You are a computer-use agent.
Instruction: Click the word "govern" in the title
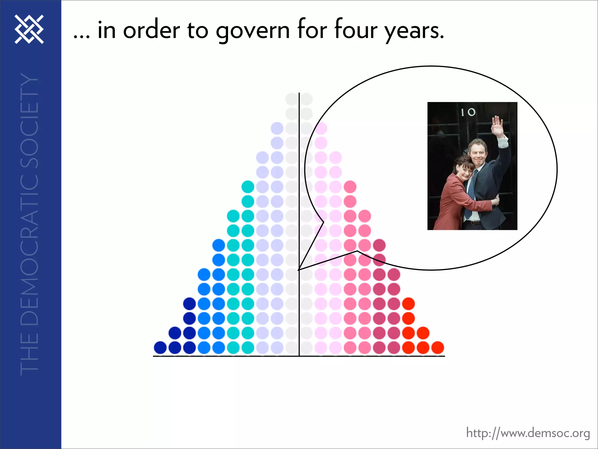click(x=253, y=31)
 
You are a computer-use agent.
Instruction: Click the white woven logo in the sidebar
click(x=29, y=29)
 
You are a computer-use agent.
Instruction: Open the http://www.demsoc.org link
click(x=528, y=433)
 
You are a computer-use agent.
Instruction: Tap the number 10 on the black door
click(x=468, y=112)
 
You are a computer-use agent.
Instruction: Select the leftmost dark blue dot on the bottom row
click(x=160, y=348)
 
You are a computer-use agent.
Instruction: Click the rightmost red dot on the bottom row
click(x=437, y=348)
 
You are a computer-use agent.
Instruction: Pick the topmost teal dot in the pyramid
click(x=248, y=187)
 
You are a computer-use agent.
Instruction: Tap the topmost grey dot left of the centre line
click(x=291, y=99)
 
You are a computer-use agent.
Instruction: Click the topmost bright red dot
click(x=408, y=304)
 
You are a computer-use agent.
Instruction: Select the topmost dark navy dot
click(x=190, y=304)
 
